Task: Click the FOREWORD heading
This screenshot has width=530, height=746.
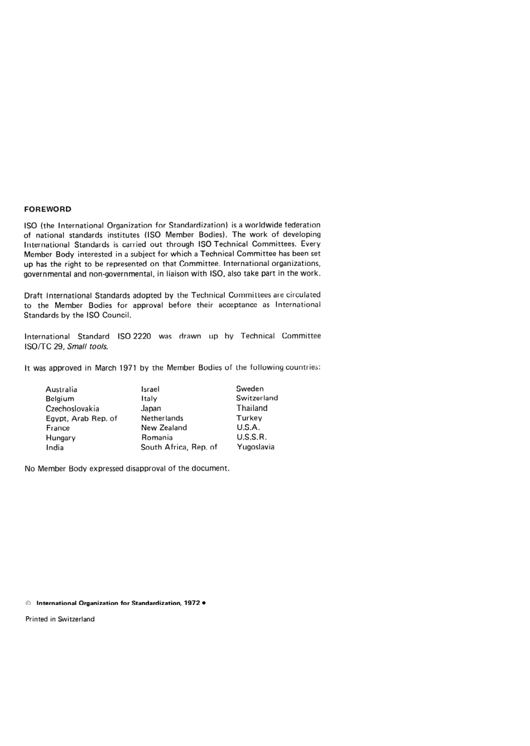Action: [x=47, y=210]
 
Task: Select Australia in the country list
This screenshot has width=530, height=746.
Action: [x=61, y=390]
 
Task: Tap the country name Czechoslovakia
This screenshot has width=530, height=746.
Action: [x=73, y=409]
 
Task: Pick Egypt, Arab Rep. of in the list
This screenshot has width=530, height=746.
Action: [x=81, y=419]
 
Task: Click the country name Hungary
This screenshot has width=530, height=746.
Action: [x=61, y=438]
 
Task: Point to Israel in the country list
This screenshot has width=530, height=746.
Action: [x=150, y=389]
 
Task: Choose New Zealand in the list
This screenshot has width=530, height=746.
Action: [x=164, y=428]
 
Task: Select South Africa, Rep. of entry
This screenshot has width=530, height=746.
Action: [x=179, y=447]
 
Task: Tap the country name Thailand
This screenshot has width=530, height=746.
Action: [x=252, y=408]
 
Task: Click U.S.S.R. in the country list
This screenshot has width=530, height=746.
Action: [x=252, y=437]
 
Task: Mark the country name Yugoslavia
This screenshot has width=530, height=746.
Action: [x=256, y=447]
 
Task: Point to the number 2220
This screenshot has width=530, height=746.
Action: [x=142, y=336]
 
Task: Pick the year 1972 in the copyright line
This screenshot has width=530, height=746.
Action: [x=192, y=603]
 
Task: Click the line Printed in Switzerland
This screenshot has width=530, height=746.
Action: [x=60, y=619]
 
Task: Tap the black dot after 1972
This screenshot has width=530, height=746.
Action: [x=205, y=603]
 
